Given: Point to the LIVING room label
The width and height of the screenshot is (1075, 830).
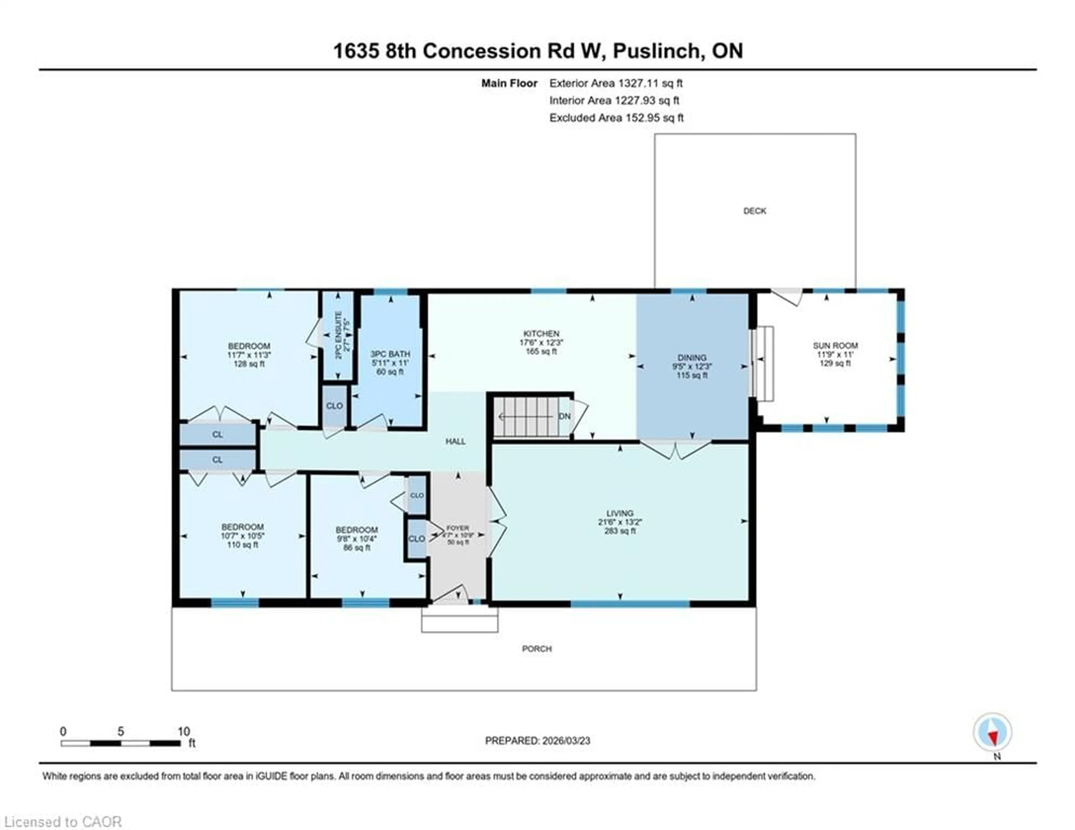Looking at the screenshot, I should pyautogui.click(x=620, y=513).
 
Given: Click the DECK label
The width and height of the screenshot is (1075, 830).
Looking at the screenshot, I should pyautogui.click(x=754, y=211).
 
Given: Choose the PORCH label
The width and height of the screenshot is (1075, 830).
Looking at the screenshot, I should pyautogui.click(x=536, y=649).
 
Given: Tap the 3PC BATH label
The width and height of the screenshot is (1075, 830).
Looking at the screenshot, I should pyautogui.click(x=390, y=354).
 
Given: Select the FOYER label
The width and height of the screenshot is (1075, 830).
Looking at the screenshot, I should pyautogui.click(x=457, y=528).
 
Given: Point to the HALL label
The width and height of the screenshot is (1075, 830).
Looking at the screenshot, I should pyautogui.click(x=455, y=441).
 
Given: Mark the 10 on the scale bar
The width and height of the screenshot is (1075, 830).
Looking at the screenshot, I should pyautogui.click(x=184, y=731).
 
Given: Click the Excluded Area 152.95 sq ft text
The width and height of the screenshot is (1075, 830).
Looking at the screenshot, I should pyautogui.click(x=616, y=118).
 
